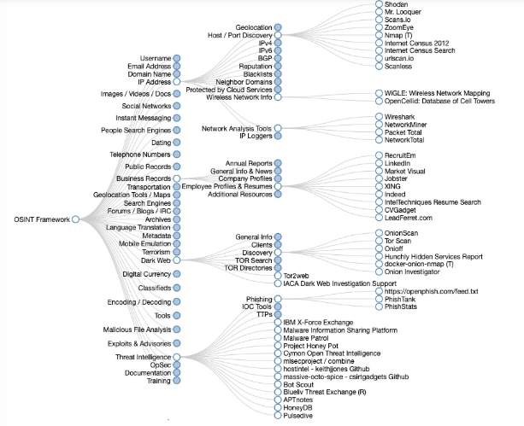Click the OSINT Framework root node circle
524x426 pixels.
coord(76,219)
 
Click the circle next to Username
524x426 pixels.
coord(177,58)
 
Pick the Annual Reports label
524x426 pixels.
coord(248,162)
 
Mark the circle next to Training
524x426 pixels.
coord(177,382)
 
